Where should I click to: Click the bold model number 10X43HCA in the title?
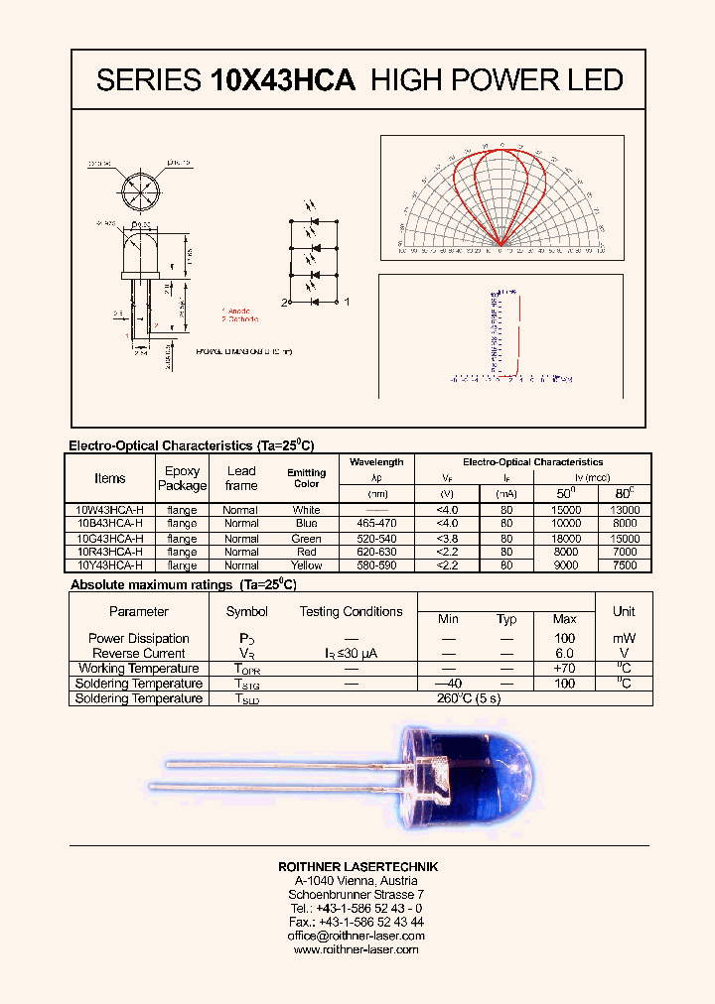[x=283, y=80]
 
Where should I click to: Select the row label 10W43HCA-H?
[x=109, y=510]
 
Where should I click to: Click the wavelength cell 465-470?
[x=377, y=524]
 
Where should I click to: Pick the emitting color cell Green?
[x=306, y=539]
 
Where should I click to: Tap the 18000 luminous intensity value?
[x=565, y=539]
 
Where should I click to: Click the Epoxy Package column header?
[x=182, y=478]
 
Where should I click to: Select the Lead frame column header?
[x=241, y=478]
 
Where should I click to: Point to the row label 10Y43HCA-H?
[x=109, y=565]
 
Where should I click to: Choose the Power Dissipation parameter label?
[x=138, y=639]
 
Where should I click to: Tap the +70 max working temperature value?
[x=565, y=669]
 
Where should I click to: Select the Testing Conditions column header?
[x=351, y=612]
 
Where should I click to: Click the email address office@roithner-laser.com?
[x=357, y=936]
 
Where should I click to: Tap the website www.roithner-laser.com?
[x=357, y=949]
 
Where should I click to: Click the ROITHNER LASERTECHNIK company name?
[x=357, y=867]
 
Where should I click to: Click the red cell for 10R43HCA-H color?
[x=306, y=552]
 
